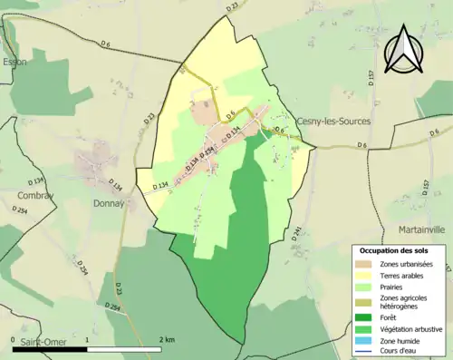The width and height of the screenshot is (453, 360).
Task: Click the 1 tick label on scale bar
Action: [x=87, y=339]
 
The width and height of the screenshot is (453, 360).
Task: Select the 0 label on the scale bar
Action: [x=13, y=339]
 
